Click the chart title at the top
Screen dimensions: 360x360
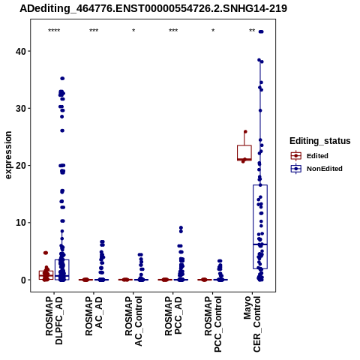153,8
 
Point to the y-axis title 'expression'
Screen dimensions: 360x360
8,155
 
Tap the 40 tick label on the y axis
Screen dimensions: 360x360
21,51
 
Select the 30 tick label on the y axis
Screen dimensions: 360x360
21,109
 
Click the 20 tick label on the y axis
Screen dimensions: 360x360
21,166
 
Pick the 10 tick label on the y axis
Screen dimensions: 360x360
21,223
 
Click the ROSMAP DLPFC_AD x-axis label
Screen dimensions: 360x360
54,320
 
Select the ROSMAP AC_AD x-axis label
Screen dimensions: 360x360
94,316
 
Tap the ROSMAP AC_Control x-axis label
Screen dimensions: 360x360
133,321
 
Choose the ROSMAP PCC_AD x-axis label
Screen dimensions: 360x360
173,316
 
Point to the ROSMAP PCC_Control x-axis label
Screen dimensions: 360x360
213,324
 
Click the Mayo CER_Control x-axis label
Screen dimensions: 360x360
252,324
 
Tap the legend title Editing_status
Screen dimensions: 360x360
320,141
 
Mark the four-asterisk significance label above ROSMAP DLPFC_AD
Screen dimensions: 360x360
54,31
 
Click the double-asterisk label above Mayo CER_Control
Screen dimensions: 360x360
252,31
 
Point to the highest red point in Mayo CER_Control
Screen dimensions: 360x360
245,132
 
